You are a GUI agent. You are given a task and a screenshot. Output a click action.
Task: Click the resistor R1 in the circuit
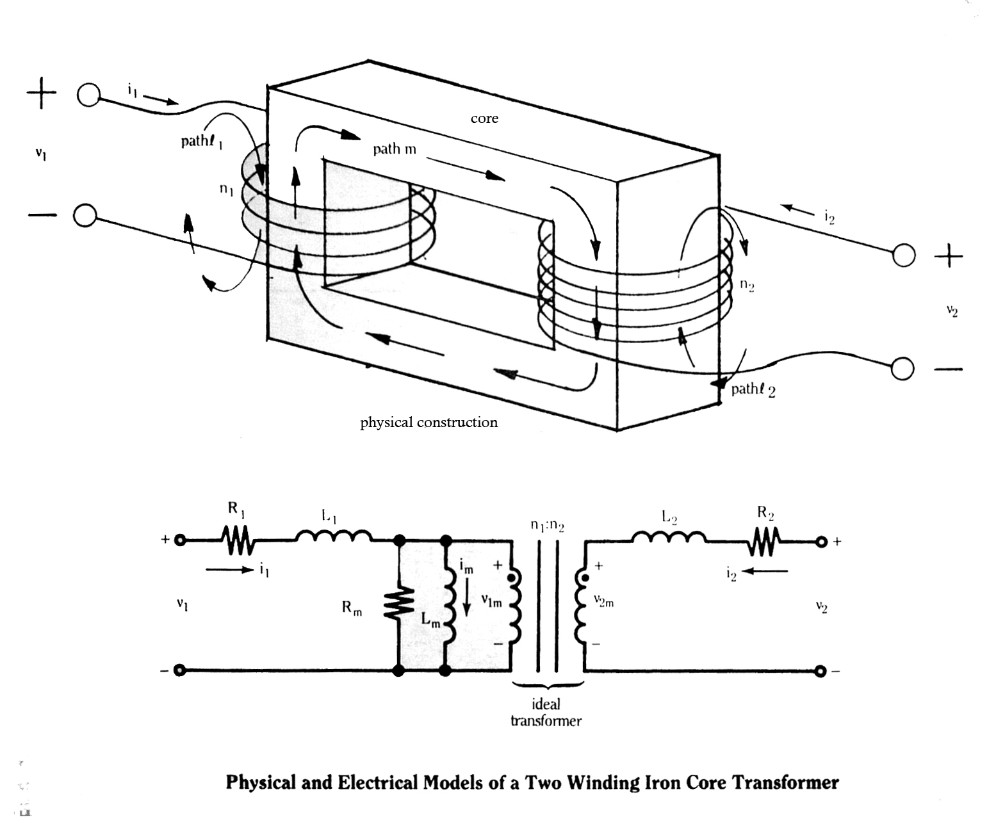238,541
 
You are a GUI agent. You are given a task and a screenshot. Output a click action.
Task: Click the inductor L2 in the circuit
669,538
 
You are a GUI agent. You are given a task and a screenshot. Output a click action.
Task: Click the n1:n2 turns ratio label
548,526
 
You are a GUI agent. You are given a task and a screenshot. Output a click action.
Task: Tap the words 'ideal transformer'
546,713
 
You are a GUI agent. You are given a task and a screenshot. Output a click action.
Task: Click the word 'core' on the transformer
484,118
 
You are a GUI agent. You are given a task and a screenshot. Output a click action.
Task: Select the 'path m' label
395,149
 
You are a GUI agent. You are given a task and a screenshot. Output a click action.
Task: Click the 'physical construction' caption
429,423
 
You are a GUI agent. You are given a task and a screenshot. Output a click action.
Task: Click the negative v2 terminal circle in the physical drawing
902,369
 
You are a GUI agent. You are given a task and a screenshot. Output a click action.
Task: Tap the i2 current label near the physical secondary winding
829,218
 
